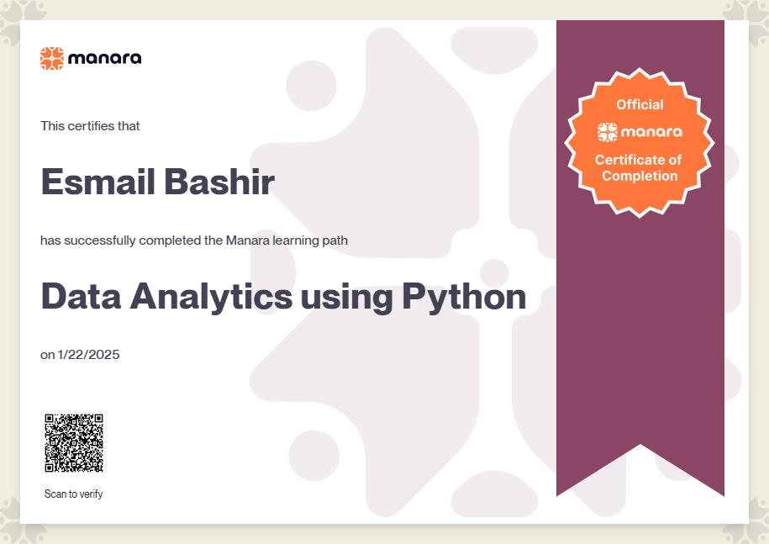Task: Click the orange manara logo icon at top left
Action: coord(52,58)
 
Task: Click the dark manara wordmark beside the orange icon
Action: coord(105,58)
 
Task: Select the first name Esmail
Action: coord(98,182)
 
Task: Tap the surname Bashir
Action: coord(219,182)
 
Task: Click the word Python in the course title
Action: coord(464,298)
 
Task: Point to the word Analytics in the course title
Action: coord(211,298)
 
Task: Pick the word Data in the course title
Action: coord(81,296)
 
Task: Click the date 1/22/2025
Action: coord(89,355)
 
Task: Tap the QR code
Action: coord(74,443)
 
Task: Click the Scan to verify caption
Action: coord(74,494)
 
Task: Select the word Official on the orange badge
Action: coord(640,104)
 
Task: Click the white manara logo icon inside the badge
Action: coord(607,132)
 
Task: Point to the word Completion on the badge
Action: coord(640,176)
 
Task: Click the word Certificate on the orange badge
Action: coord(630,160)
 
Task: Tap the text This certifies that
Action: coord(90,126)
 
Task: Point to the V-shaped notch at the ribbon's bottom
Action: coord(640,445)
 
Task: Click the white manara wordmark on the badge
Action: coord(651,132)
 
